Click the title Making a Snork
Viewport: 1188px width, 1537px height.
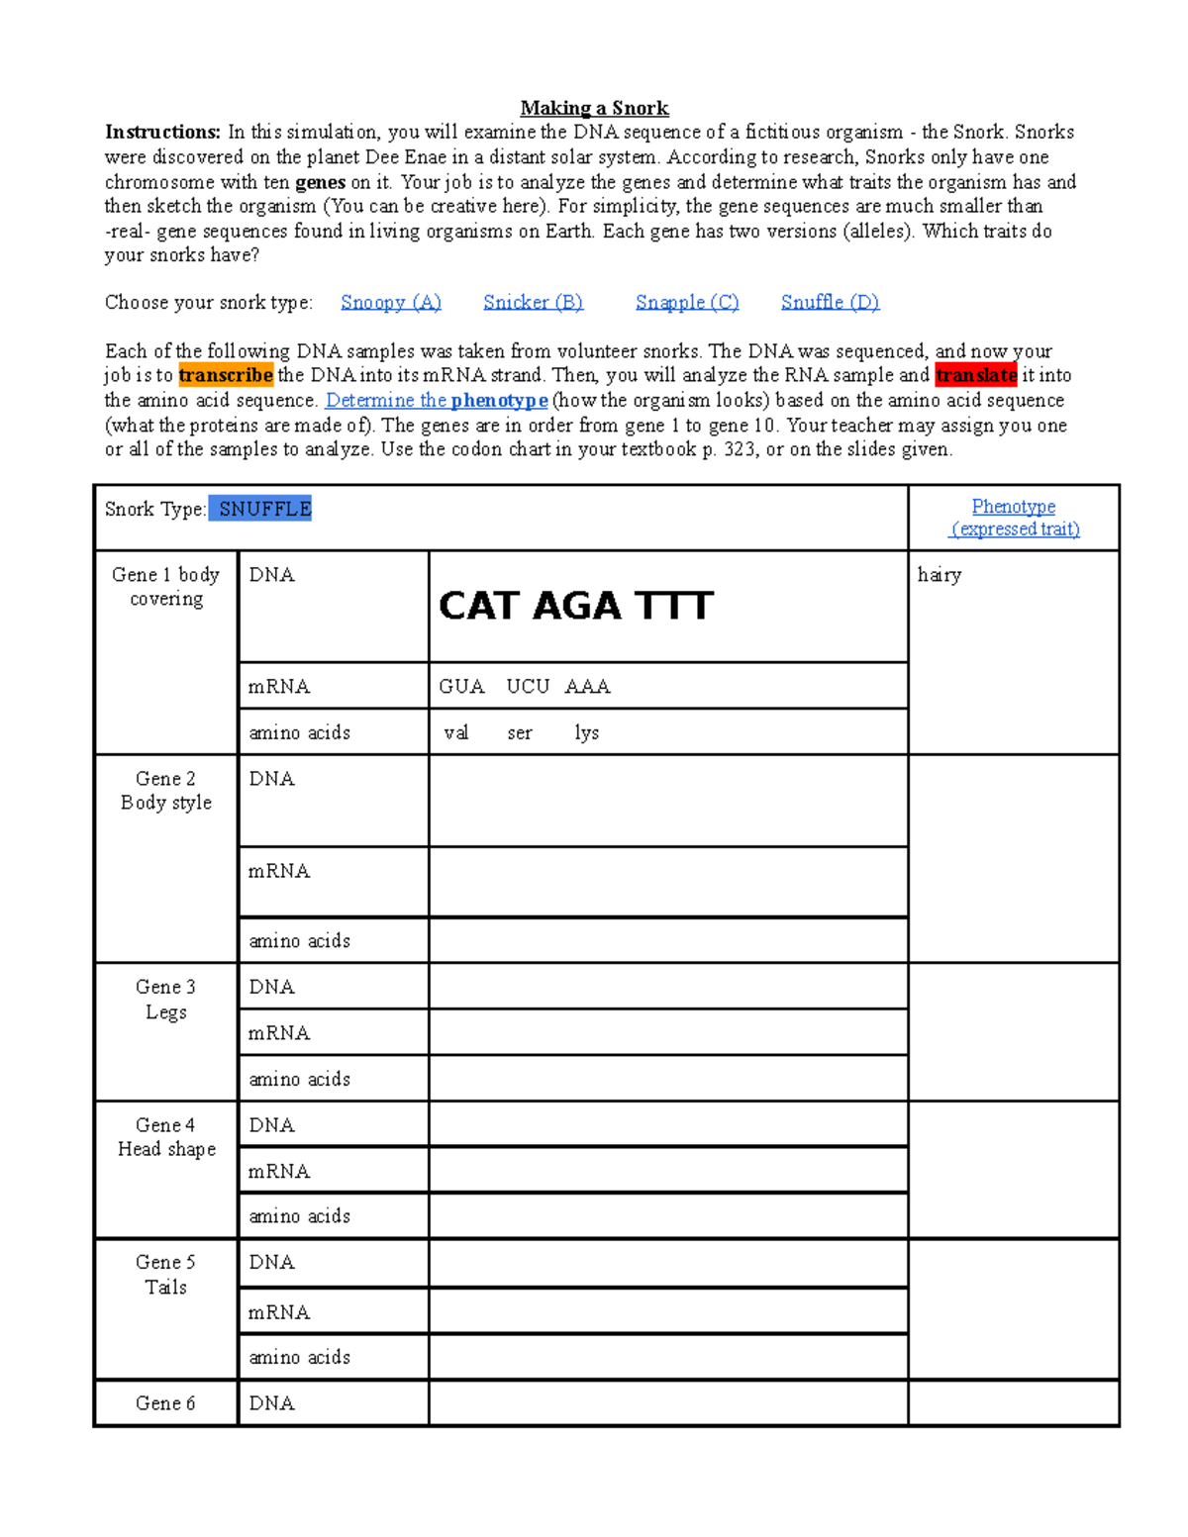(594, 108)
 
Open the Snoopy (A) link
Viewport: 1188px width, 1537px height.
(390, 302)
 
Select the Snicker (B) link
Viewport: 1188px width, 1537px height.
(533, 302)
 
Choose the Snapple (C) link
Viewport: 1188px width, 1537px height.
(687, 302)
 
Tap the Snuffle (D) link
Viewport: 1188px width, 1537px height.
(830, 302)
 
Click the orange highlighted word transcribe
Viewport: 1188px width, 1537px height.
(226, 375)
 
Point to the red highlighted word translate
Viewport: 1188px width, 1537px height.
(976, 375)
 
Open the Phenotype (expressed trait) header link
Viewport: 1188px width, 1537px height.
(1014, 518)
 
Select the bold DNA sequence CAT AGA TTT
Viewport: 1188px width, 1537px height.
(575, 606)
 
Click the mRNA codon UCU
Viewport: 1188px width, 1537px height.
(528, 687)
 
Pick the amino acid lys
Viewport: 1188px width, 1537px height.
(587, 733)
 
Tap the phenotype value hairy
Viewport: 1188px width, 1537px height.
(940, 575)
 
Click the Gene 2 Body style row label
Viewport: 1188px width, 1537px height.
(166, 791)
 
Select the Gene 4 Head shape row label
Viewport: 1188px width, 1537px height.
(166, 1137)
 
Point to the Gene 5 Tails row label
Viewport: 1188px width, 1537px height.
(166, 1275)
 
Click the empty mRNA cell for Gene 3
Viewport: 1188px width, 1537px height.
(668, 1032)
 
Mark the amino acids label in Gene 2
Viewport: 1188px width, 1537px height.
(299, 941)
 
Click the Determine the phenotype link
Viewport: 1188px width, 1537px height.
(437, 400)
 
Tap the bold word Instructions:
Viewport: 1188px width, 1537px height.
(162, 133)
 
